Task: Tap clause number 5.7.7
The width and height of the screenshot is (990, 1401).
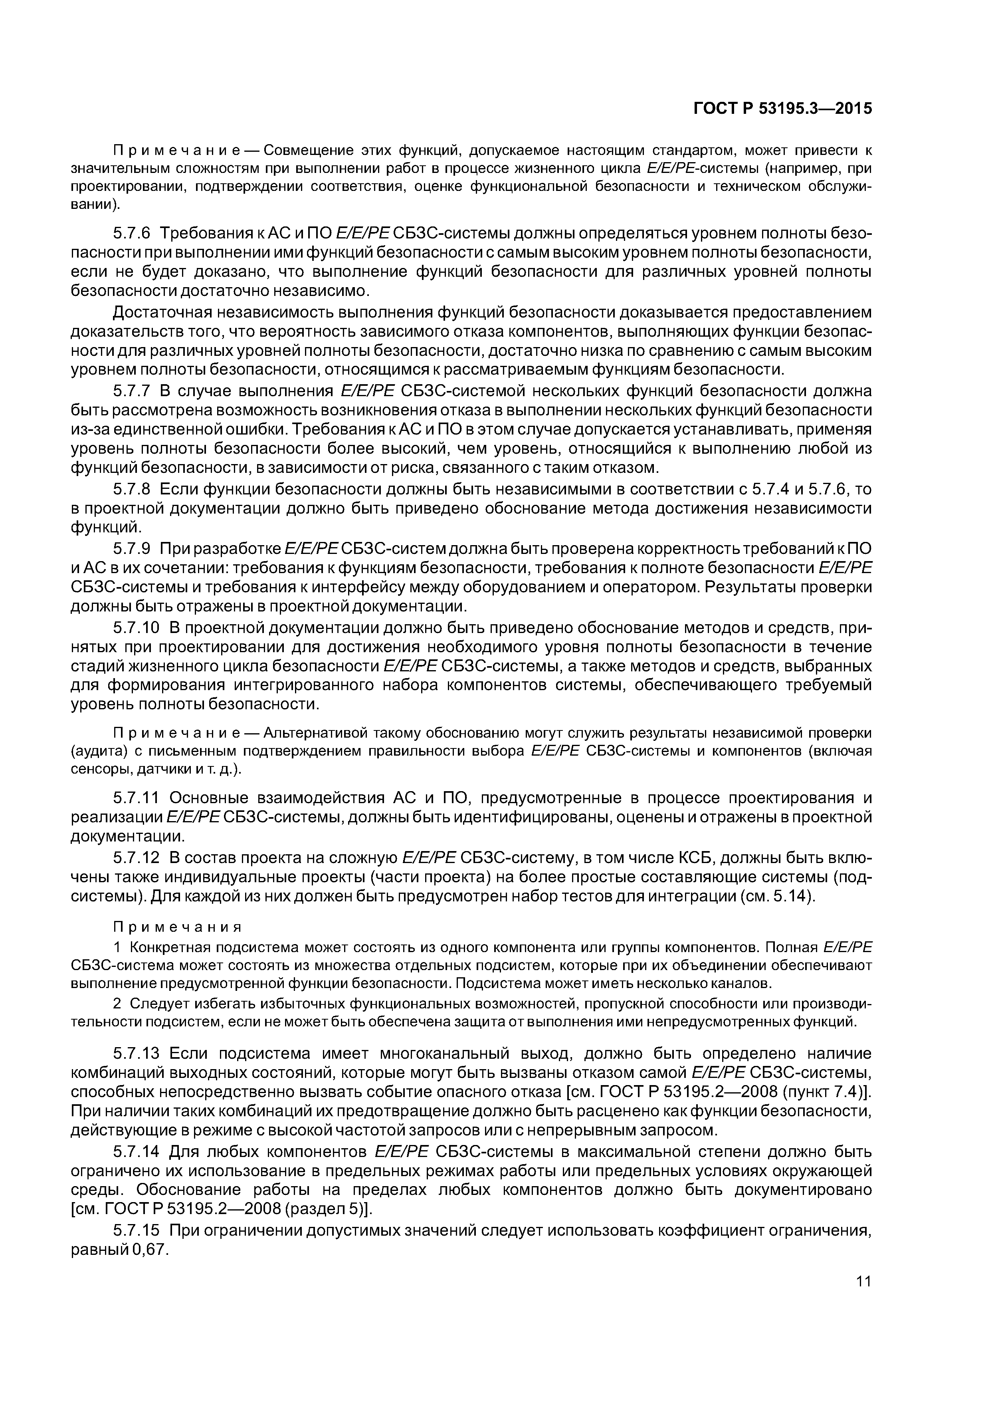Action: pos(132,391)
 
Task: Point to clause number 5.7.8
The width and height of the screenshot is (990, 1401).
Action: pos(132,489)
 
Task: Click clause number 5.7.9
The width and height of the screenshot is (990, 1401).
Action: pos(132,549)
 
